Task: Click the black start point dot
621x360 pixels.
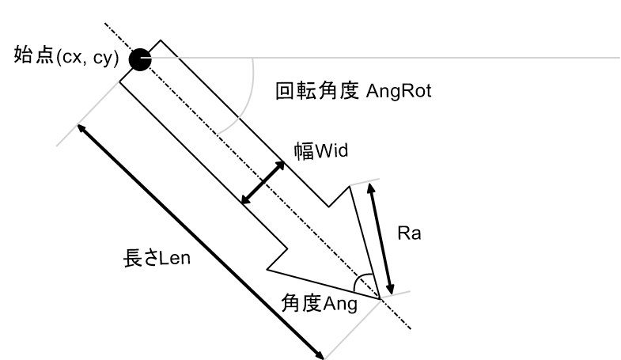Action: (x=140, y=60)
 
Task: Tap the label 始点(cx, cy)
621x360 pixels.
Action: (x=66, y=56)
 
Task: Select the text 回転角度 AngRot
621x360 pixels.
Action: (x=354, y=91)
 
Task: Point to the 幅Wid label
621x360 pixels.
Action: (x=321, y=151)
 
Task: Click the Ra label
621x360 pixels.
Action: (x=409, y=233)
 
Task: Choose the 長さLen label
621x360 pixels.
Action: (x=157, y=258)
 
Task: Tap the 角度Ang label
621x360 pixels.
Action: (x=320, y=304)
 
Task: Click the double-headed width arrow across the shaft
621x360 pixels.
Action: (x=263, y=183)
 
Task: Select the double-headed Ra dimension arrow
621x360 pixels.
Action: (x=381, y=239)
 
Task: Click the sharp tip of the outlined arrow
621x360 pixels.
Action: (x=381, y=298)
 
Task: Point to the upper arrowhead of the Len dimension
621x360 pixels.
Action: (x=81, y=128)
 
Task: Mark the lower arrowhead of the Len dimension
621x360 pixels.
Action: (x=320, y=354)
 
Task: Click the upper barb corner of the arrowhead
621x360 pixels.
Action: (x=349, y=186)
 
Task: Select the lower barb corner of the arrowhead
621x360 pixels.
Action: (x=267, y=270)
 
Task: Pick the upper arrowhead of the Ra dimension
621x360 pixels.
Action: (x=371, y=188)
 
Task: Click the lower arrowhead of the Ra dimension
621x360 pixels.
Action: (x=391, y=290)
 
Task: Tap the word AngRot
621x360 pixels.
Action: (x=399, y=92)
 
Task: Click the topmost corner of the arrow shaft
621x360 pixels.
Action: (x=161, y=40)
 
